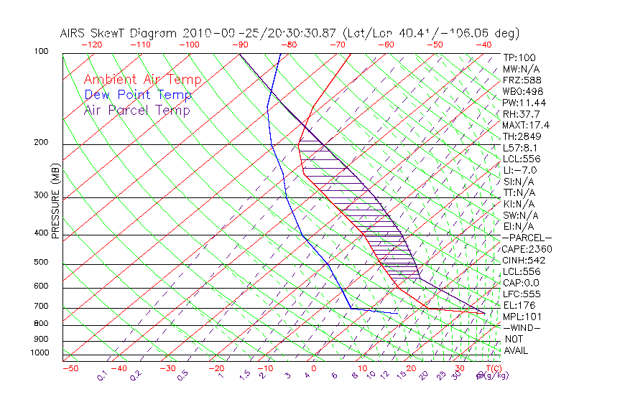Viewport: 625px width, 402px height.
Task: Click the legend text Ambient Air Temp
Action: pyautogui.click(x=142, y=80)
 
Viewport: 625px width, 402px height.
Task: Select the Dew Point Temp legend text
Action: pyautogui.click(x=138, y=95)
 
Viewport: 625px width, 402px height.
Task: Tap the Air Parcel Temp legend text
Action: pyautogui.click(x=136, y=110)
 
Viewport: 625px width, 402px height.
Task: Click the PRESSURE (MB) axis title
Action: pyautogui.click(x=56, y=201)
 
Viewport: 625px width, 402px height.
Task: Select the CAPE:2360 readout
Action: pyautogui.click(x=527, y=249)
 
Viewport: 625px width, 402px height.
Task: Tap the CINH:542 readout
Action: pyautogui.click(x=524, y=261)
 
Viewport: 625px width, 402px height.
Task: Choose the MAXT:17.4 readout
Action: pyautogui.click(x=527, y=125)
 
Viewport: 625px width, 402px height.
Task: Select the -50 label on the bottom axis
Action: pyautogui.click(x=70, y=368)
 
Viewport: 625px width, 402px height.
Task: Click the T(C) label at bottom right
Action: pyautogui.click(x=491, y=368)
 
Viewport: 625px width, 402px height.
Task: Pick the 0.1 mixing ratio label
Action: pyautogui.click(x=103, y=375)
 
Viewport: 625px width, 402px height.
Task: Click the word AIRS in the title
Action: pyautogui.click(x=75, y=33)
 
